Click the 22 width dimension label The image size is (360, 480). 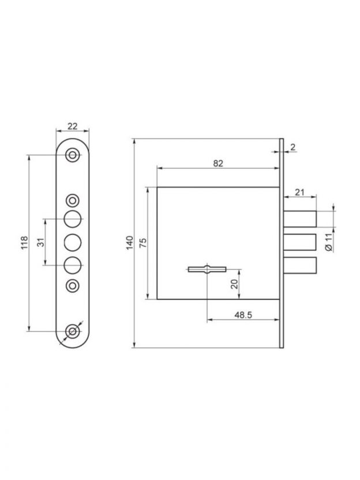[x=73, y=126]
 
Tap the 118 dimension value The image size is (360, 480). [x=24, y=242]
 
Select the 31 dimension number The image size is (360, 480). [x=41, y=242]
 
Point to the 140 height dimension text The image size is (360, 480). [x=130, y=242]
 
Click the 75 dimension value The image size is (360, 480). [x=143, y=242]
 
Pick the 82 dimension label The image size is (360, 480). [x=218, y=163]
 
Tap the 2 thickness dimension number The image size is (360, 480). [x=293, y=147]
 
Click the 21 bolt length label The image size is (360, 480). [x=299, y=192]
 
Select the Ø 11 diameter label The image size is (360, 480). [x=328, y=242]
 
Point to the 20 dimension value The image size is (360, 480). [x=234, y=284]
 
